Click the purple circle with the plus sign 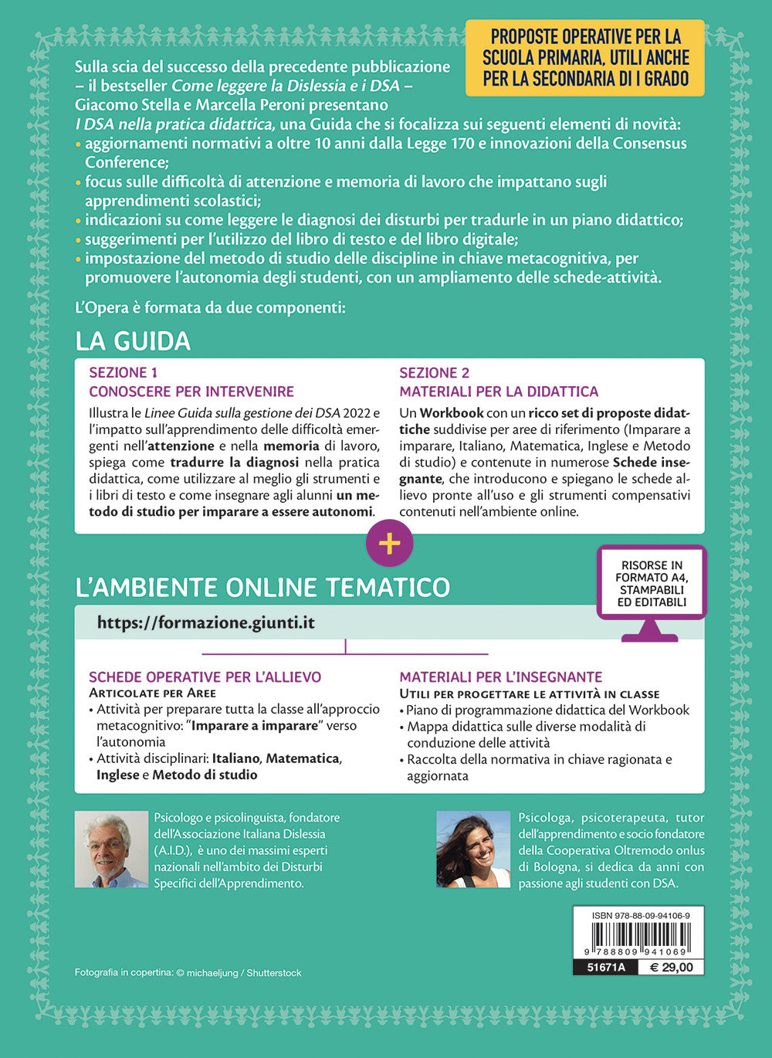point(389,543)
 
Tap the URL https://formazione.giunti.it point(206,623)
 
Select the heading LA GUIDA point(133,341)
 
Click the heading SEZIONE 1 point(124,372)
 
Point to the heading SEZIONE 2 point(434,372)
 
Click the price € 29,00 point(671,967)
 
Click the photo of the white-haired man point(111,849)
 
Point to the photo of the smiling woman point(473,849)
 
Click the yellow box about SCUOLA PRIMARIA point(585,58)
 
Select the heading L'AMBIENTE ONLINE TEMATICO point(262,588)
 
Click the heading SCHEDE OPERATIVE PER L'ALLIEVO point(205,677)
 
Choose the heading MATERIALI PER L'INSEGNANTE point(500,677)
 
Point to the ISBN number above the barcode point(641,915)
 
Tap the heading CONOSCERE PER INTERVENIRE point(191,392)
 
